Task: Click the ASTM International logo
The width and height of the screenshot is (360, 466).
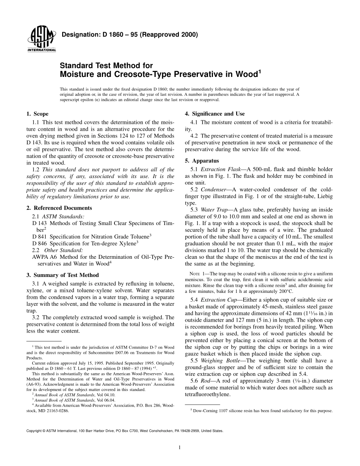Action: tap(41, 39)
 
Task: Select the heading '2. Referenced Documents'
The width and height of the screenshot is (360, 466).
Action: tap(59, 208)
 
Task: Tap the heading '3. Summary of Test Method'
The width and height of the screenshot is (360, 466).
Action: tap(63, 275)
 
